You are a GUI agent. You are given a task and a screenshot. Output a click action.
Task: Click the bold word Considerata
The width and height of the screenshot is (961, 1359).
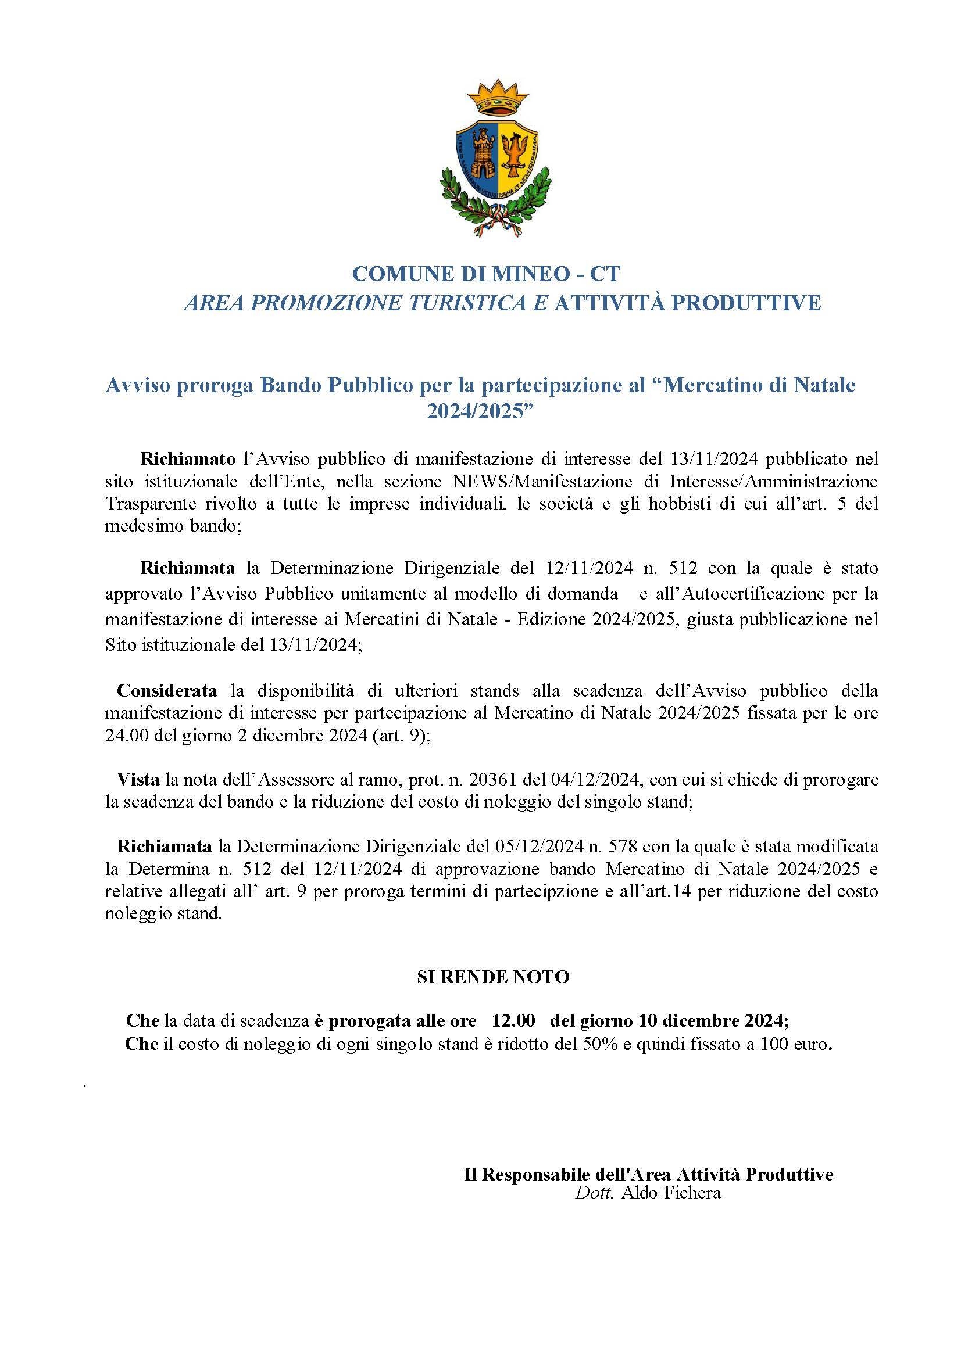(167, 690)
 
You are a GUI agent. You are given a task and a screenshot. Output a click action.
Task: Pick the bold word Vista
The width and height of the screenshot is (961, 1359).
(138, 779)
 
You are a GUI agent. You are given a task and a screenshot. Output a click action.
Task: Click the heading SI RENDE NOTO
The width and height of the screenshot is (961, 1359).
(492, 977)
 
